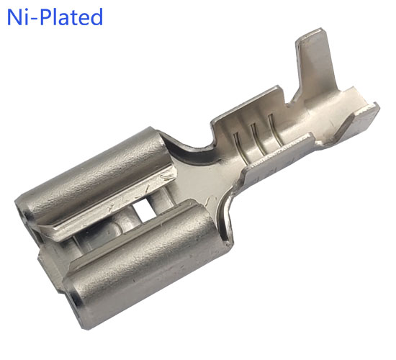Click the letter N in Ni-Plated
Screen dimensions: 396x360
pyautogui.click(x=15, y=17)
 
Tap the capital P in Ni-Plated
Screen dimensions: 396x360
pyautogui.click(x=47, y=17)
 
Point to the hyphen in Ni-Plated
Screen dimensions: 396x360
pyautogui.click(x=35, y=19)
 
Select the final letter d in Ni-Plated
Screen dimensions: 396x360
pyautogui.click(x=96, y=17)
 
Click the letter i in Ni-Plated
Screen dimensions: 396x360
pyautogui.click(x=27, y=17)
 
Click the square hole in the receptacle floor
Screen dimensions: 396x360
pyautogui.click(x=144, y=210)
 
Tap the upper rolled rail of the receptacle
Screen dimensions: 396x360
pyautogui.click(x=94, y=177)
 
